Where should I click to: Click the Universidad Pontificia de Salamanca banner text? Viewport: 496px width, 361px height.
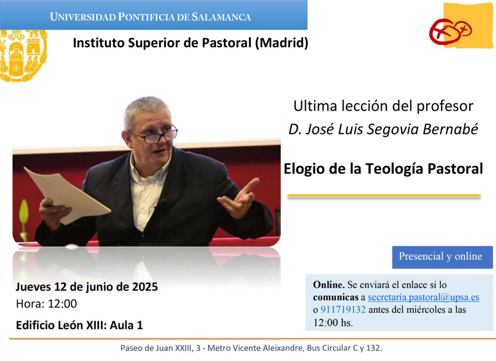150,17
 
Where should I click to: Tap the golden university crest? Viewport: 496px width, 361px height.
23,56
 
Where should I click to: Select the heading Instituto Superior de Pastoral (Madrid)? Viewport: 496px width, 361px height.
190,43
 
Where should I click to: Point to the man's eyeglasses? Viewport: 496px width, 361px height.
154,134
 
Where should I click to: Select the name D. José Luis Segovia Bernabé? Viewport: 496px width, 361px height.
383,129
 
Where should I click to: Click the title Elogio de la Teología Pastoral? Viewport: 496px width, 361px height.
383,169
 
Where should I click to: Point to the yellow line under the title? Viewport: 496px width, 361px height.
384,196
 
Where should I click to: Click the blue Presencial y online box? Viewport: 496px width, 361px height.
442,257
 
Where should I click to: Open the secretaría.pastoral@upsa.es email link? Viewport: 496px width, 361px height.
423,298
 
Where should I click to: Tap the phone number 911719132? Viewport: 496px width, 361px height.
343,310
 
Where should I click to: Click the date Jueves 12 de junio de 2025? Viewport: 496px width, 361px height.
87,287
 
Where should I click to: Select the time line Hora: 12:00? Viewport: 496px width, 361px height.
46,304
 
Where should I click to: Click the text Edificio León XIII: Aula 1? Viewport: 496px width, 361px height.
79,325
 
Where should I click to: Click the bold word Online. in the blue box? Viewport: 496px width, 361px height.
329,285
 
